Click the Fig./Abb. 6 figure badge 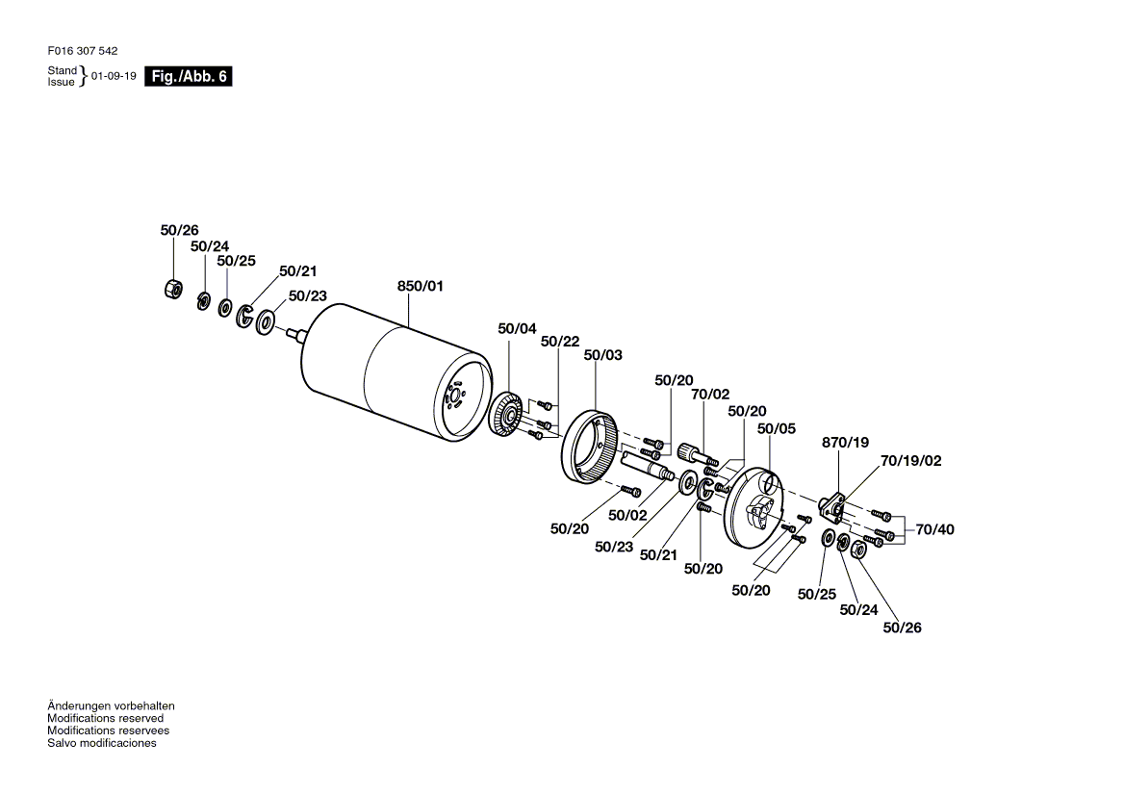(188, 76)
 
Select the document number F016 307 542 (83, 51)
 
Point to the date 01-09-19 (114, 76)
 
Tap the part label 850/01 (421, 286)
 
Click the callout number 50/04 (517, 329)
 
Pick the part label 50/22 (560, 342)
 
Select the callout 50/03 (602, 355)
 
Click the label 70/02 (709, 395)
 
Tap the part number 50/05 (777, 428)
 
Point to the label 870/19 (845, 443)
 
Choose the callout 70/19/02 (911, 461)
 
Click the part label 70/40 (934, 529)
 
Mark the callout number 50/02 (627, 515)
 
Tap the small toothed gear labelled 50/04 (508, 414)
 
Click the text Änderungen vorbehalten (111, 705)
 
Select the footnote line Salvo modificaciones (102, 743)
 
